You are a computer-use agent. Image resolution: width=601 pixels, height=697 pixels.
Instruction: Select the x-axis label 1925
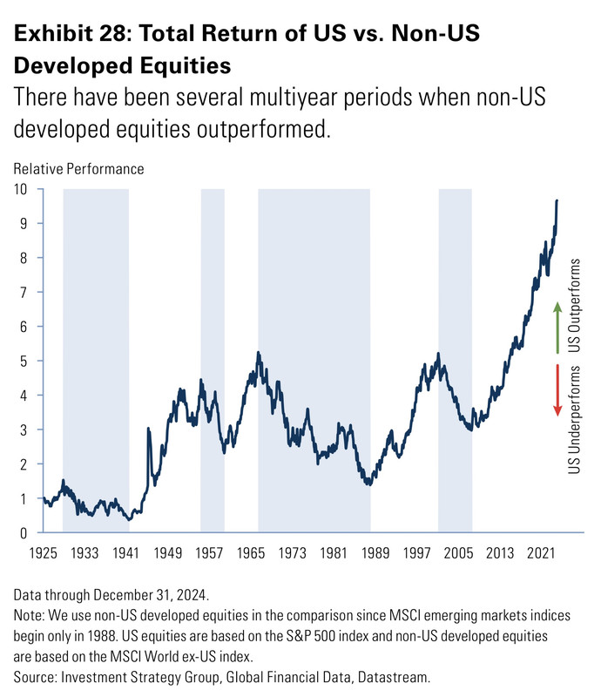tap(42, 553)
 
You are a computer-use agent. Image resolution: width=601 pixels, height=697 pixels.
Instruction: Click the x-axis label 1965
tap(251, 553)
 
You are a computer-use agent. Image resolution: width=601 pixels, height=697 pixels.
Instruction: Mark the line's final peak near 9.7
tap(557, 201)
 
